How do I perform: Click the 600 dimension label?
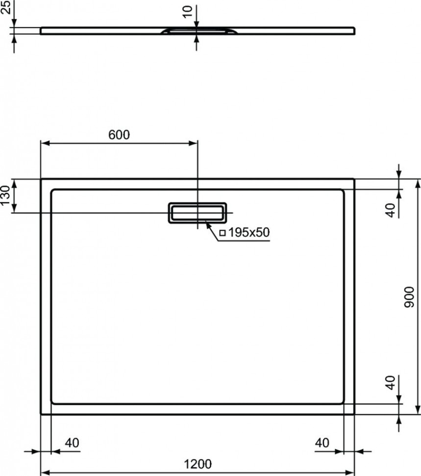(x=119, y=134)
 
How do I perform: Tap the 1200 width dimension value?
(x=198, y=464)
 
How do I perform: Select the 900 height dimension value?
(x=409, y=297)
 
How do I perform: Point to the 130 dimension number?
(x=5, y=195)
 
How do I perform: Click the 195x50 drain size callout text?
(x=249, y=232)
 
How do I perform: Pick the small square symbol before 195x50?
(x=223, y=233)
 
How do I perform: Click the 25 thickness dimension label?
(x=6, y=7)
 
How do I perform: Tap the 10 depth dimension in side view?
(x=188, y=12)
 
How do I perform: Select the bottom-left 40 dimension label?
(x=72, y=443)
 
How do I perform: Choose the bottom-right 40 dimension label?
(x=322, y=443)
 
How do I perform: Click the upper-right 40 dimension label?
(x=391, y=211)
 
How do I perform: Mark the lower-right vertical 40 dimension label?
(x=391, y=382)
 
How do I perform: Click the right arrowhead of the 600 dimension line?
(x=193, y=143)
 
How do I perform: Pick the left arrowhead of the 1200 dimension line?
(x=46, y=473)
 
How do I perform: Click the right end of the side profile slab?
(x=355, y=30)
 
